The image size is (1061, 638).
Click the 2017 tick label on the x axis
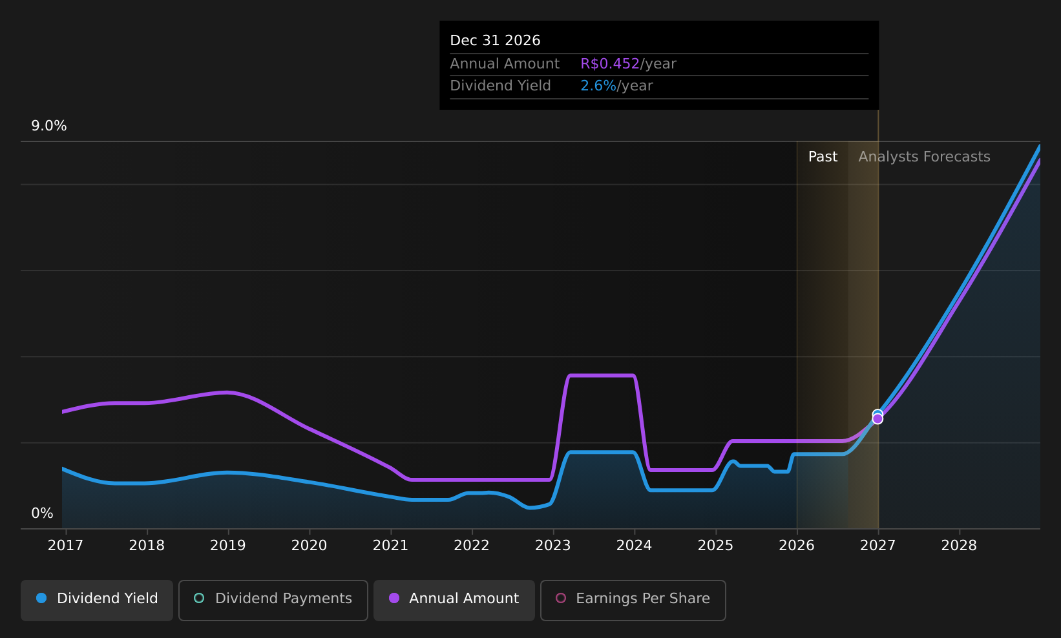pyautogui.click(x=66, y=546)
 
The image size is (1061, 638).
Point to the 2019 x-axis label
pyautogui.click(x=228, y=546)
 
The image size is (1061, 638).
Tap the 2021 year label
pyautogui.click(x=391, y=546)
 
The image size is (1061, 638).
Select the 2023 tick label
pyautogui.click(x=553, y=546)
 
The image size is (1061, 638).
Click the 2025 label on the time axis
pyautogui.click(x=716, y=546)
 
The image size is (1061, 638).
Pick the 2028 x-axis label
pyautogui.click(x=959, y=546)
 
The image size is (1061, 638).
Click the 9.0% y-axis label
pyautogui.click(x=49, y=126)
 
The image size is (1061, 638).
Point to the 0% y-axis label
pyautogui.click(x=42, y=513)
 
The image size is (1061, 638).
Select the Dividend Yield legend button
pyautogui.click(x=97, y=600)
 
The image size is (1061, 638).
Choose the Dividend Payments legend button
pyautogui.click(x=273, y=600)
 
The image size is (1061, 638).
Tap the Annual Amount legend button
pyautogui.click(x=454, y=600)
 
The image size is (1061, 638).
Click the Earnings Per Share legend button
pyautogui.click(x=633, y=600)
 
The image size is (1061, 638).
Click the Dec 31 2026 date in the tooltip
pyautogui.click(x=495, y=41)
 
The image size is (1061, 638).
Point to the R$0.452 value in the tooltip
pyautogui.click(x=610, y=64)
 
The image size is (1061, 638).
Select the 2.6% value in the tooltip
pyautogui.click(x=598, y=86)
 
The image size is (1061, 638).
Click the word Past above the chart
pyautogui.click(x=823, y=157)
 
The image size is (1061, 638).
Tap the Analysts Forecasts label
pyautogui.click(x=924, y=157)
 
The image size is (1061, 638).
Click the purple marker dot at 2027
pyautogui.click(x=877, y=419)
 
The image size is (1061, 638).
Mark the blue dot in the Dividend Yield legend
pyautogui.click(x=42, y=598)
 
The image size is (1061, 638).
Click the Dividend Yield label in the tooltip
pyautogui.click(x=500, y=86)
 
